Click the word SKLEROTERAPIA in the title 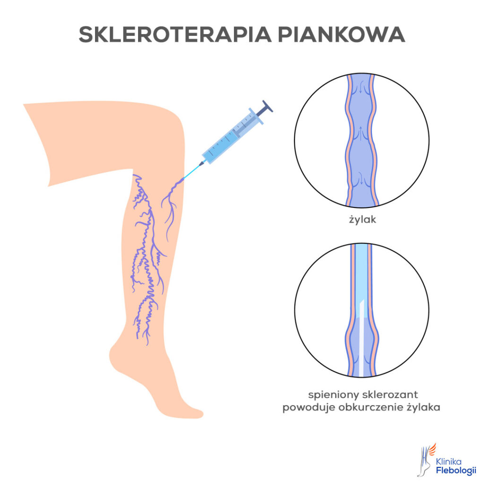[x=175, y=34]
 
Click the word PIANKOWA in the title [x=341, y=34]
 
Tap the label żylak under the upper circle [x=363, y=219]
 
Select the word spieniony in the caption [x=333, y=395]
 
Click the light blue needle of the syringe [x=192, y=172]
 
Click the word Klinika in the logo [x=449, y=461]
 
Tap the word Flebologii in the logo [x=456, y=470]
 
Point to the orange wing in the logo [x=432, y=450]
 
